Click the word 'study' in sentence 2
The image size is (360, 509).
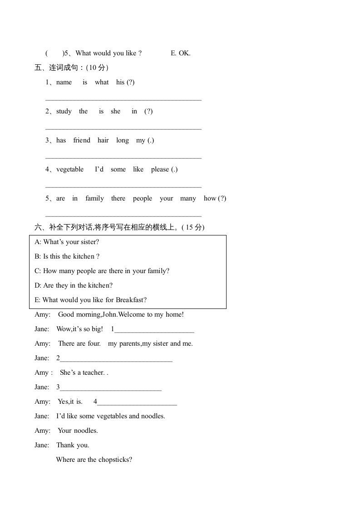(x=64, y=111)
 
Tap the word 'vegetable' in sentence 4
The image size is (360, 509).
(x=70, y=169)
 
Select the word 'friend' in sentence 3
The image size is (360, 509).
(x=82, y=140)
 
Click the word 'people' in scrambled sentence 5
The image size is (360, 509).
(x=143, y=198)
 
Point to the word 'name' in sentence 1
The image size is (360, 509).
(x=64, y=82)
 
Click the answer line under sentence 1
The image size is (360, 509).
(x=123, y=100)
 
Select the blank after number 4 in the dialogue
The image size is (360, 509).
(x=137, y=405)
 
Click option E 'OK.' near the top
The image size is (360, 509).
(x=181, y=53)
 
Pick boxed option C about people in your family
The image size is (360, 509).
(x=102, y=271)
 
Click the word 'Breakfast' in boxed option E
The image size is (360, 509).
(x=131, y=300)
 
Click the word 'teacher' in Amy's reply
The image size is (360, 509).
(x=94, y=372)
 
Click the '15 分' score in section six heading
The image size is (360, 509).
(x=194, y=227)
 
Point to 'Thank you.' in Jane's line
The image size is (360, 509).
(x=73, y=445)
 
